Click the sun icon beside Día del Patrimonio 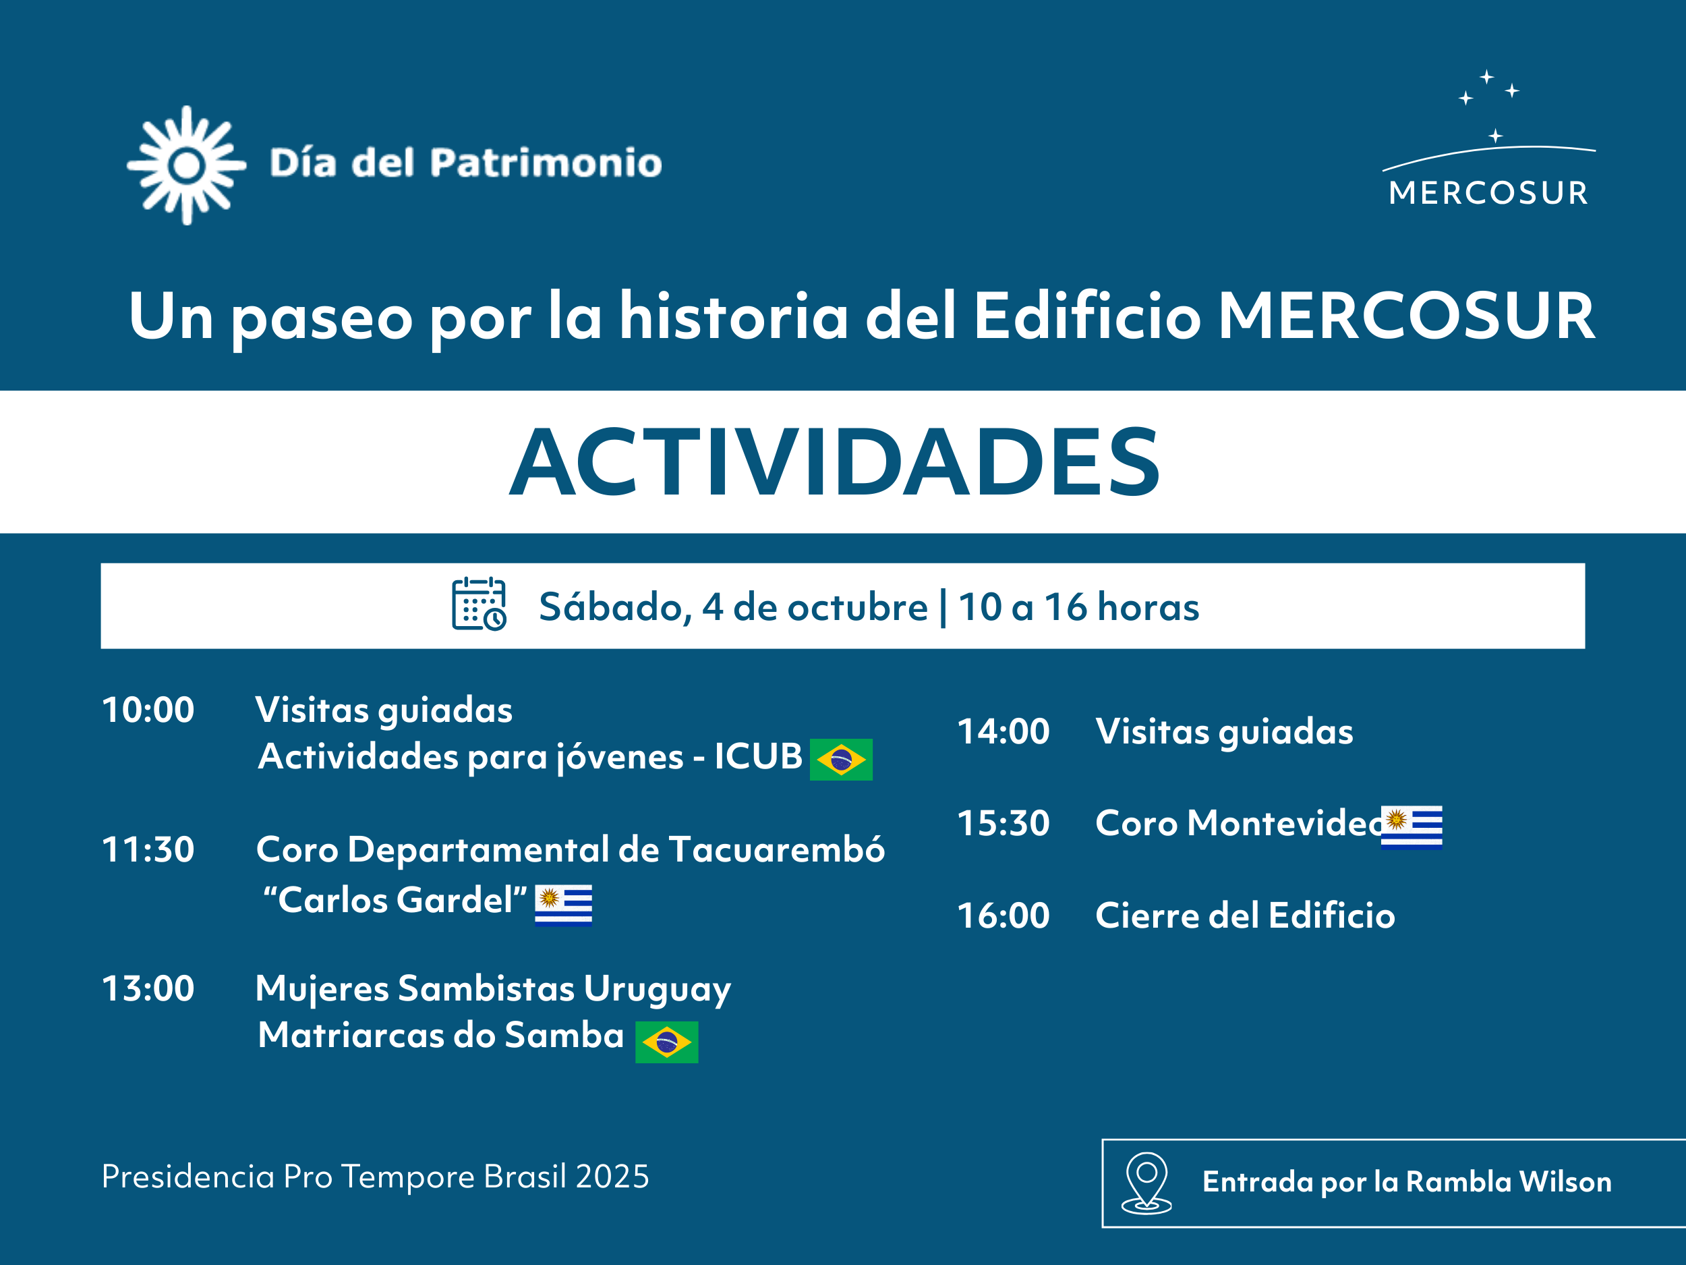click(187, 165)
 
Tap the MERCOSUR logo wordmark click(1488, 193)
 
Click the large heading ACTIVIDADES click(835, 462)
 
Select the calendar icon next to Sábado click(479, 604)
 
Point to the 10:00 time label click(148, 710)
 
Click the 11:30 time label click(148, 849)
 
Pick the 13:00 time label click(148, 988)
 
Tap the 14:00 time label click(1003, 731)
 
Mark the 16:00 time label click(1003, 916)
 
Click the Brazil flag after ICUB click(841, 760)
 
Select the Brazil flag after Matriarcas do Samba click(666, 1042)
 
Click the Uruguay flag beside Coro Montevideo click(1412, 826)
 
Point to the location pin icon click(1146, 1182)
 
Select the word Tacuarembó click(777, 849)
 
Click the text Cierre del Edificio click(1245, 916)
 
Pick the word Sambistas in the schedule click(486, 988)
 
